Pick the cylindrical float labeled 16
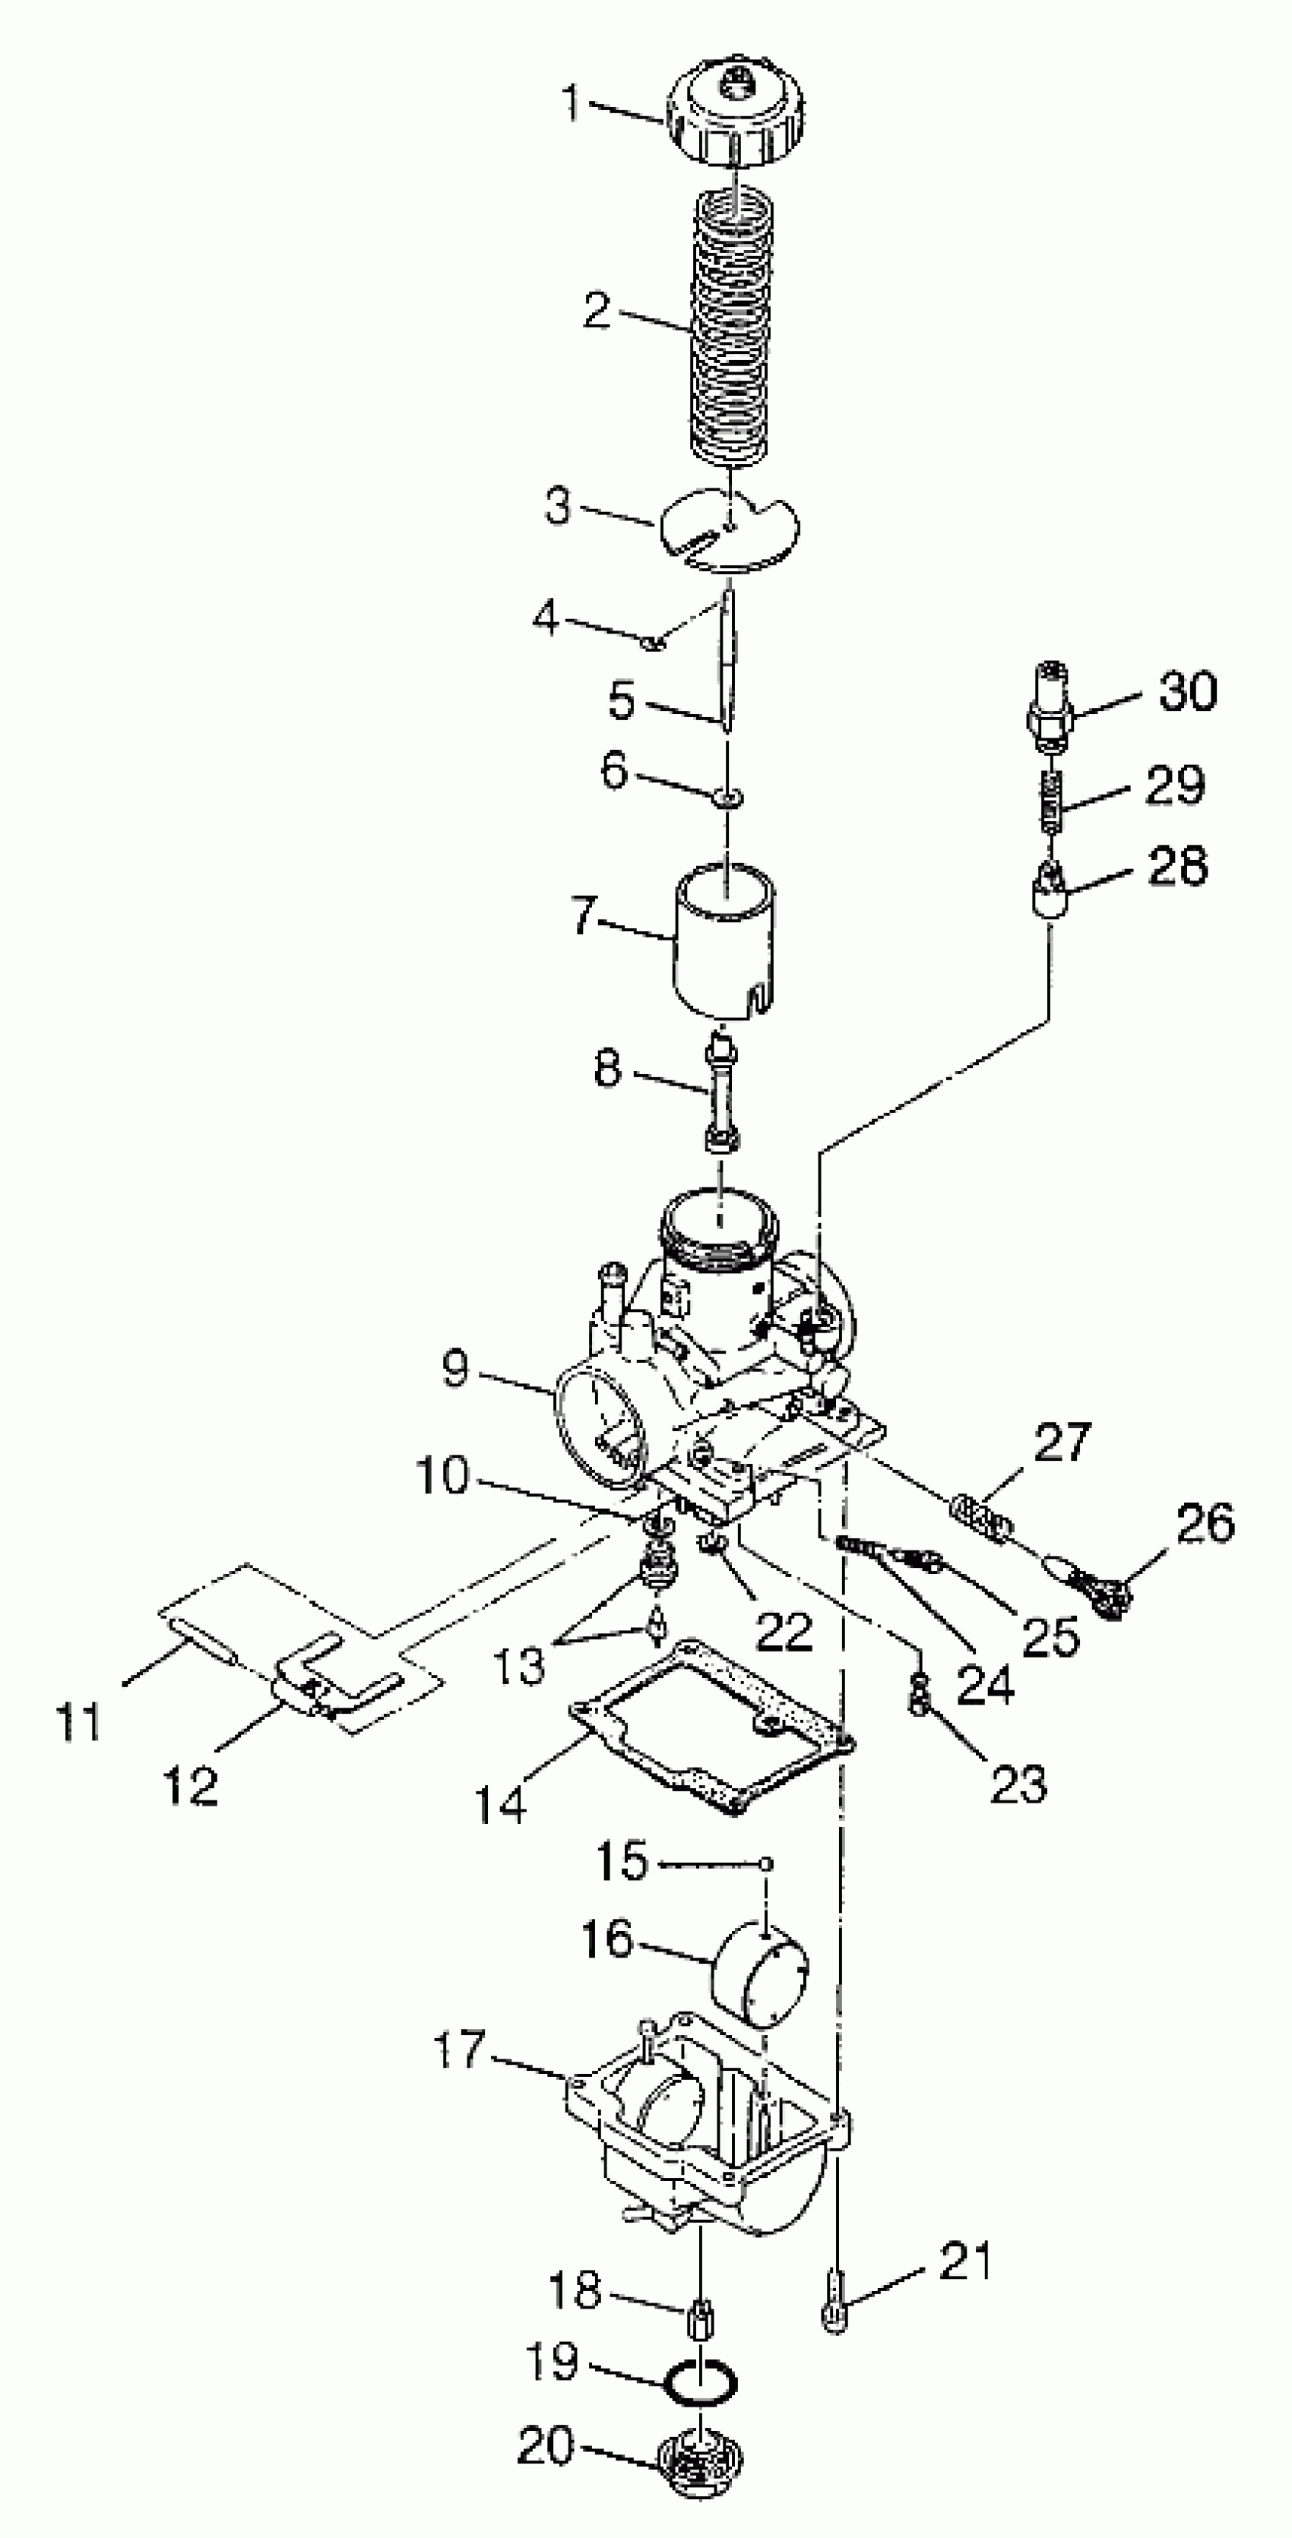coord(761,1974)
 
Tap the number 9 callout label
coord(454,1368)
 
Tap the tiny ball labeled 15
coord(766,1863)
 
